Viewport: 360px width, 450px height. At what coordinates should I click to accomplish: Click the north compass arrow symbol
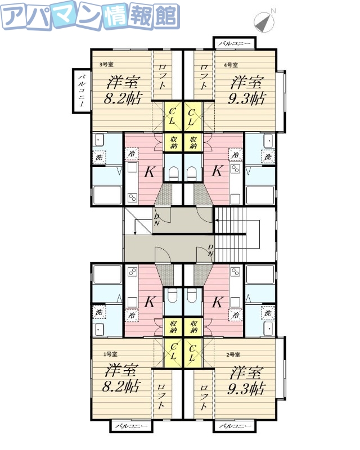264,21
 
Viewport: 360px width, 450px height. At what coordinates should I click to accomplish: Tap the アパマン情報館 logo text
90,17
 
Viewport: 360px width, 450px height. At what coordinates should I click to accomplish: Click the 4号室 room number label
231,65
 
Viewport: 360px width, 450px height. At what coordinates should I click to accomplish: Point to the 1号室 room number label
110,354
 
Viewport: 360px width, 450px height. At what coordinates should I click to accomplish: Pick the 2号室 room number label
233,355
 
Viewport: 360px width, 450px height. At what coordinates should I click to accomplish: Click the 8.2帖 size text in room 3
123,100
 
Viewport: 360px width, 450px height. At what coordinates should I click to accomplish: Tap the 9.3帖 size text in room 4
247,99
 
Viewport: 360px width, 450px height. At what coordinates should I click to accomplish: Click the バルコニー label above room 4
235,43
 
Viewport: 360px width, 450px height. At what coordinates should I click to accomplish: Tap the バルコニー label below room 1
131,426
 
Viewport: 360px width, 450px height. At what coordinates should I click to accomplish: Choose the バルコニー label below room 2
235,426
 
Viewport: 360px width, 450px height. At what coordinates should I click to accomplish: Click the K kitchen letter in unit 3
150,172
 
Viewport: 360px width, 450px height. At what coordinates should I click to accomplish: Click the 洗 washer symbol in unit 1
100,312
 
